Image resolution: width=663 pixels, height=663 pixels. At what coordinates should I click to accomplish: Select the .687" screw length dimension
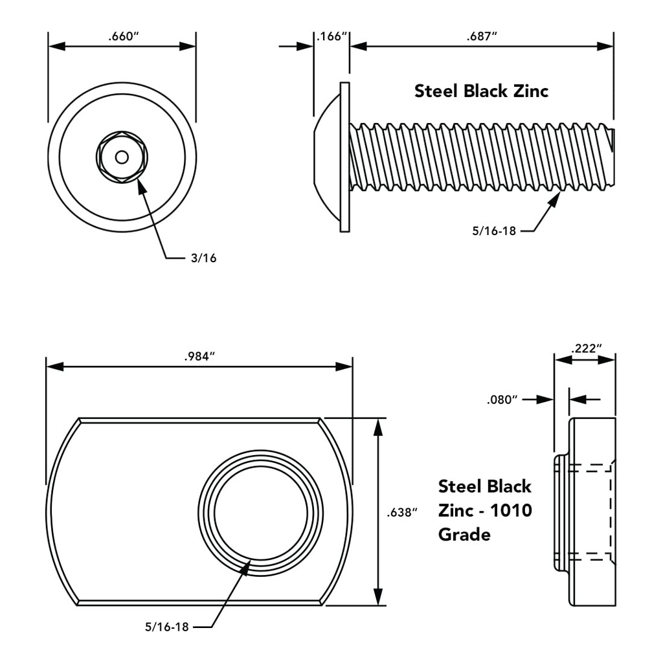(x=482, y=36)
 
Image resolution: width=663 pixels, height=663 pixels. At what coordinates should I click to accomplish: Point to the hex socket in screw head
(x=122, y=157)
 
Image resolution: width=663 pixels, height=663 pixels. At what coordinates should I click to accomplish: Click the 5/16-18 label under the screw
(x=494, y=230)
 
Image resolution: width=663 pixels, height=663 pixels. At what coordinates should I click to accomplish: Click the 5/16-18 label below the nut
(x=167, y=627)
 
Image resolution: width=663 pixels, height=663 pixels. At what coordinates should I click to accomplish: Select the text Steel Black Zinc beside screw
(x=481, y=91)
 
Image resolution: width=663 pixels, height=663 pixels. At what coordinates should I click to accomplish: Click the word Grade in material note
(x=464, y=535)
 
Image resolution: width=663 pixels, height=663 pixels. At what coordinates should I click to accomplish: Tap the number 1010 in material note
(x=511, y=511)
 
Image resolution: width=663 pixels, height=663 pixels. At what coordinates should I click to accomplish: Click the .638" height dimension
(x=401, y=513)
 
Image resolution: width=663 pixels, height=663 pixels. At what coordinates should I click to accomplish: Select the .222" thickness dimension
(x=586, y=349)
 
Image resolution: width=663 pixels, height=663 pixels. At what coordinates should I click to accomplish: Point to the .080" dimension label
(x=502, y=399)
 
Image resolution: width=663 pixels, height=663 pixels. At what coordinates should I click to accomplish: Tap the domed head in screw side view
(x=327, y=157)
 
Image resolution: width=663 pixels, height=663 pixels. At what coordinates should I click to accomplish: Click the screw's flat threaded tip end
(x=612, y=157)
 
